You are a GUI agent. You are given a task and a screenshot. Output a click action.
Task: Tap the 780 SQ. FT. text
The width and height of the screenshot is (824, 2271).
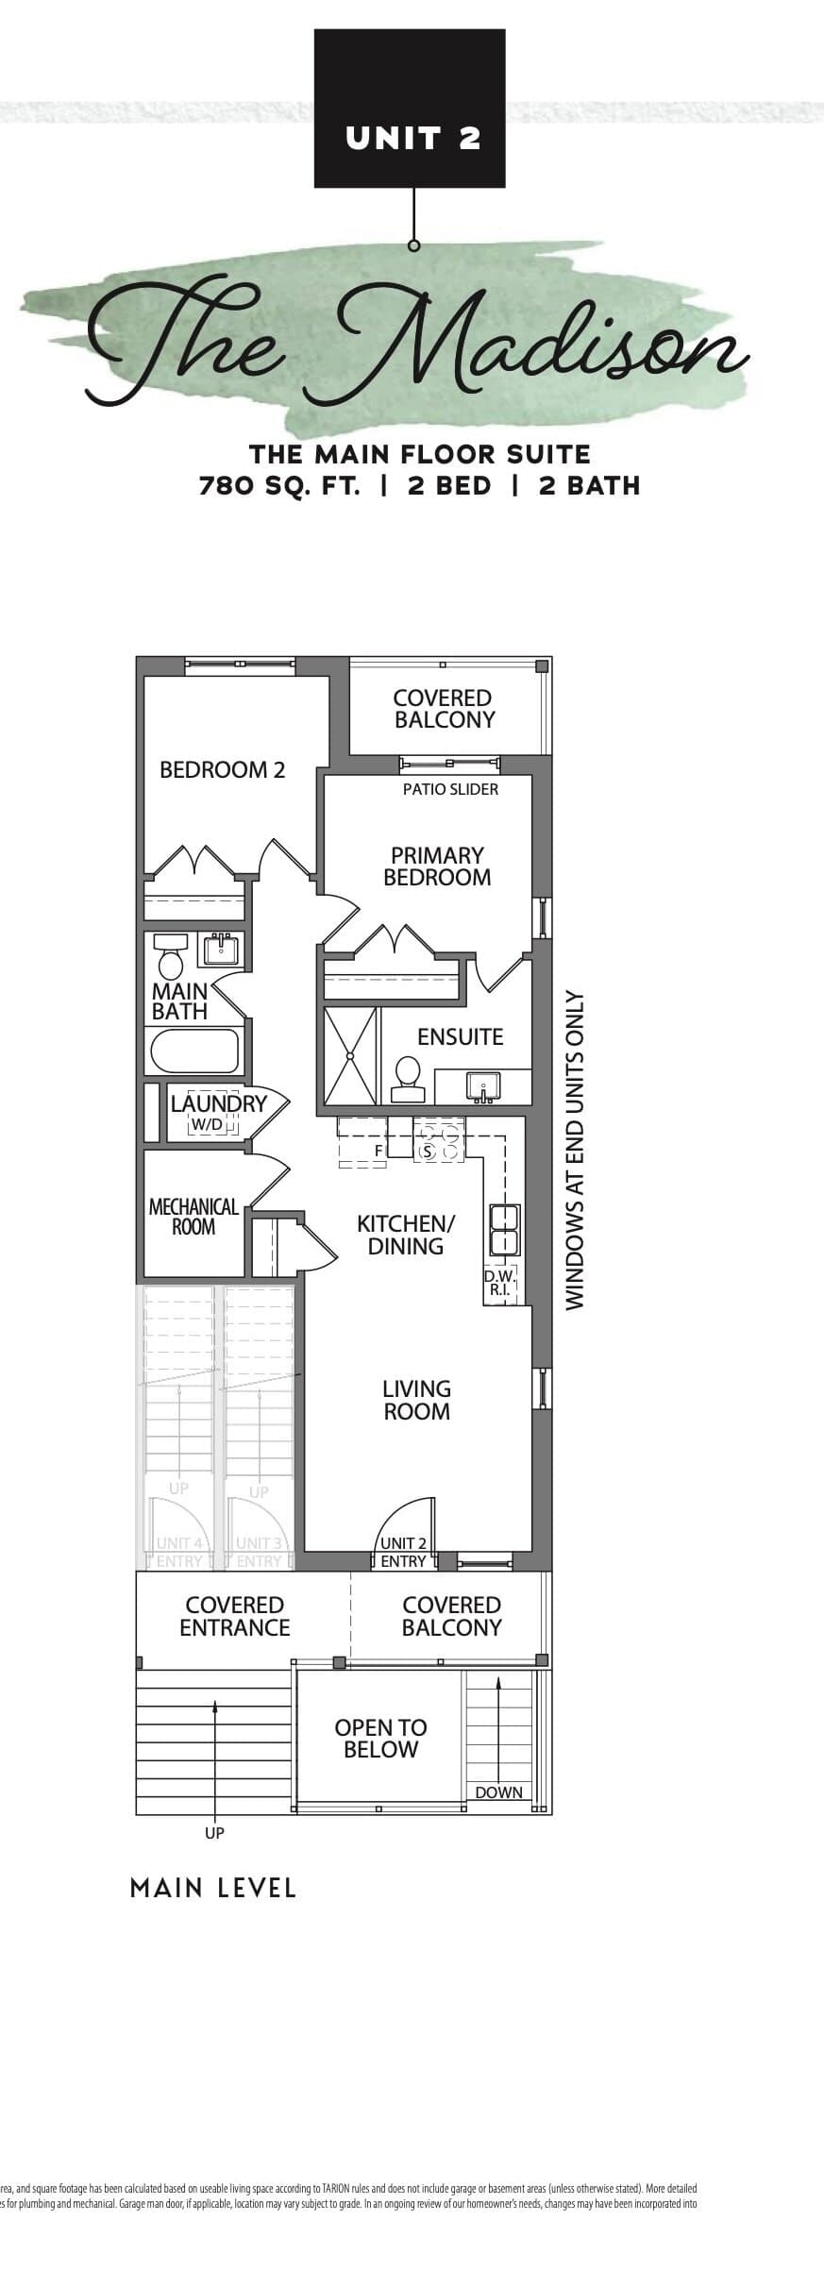[x=278, y=486]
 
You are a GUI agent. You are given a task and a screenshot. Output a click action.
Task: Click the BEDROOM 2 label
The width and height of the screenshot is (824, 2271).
[x=222, y=769]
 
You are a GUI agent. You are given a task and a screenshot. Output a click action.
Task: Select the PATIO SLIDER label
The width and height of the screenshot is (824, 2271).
[x=450, y=789]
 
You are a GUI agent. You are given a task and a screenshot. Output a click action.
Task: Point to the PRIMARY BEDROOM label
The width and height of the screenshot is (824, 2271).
[x=437, y=866]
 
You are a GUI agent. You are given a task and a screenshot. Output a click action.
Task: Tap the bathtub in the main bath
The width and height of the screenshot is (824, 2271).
[x=194, y=1051]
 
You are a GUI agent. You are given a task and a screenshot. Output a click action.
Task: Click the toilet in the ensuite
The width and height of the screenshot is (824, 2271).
[x=407, y=1079]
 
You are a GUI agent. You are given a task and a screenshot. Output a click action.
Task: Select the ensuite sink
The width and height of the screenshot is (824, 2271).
[x=482, y=1085]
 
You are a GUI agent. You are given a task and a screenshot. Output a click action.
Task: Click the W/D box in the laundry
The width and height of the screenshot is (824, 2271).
[x=207, y=1125]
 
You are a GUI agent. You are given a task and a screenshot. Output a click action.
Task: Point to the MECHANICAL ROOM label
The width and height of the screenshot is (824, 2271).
[x=193, y=1217]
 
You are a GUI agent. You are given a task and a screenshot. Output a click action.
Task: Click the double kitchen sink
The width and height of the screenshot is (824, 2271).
[x=503, y=1230]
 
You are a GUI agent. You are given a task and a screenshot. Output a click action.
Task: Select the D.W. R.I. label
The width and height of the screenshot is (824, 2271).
[x=499, y=1282]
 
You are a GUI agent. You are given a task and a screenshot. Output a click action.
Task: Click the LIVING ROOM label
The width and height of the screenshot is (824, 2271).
[x=416, y=1400]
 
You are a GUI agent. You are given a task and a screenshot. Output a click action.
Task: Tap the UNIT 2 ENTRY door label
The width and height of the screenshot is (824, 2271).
[x=403, y=1553]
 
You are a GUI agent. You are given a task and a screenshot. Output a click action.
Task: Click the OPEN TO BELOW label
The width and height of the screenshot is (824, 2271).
[x=380, y=1738]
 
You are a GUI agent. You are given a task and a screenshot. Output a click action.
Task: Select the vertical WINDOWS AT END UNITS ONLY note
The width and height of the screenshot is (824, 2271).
[x=576, y=1150]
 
